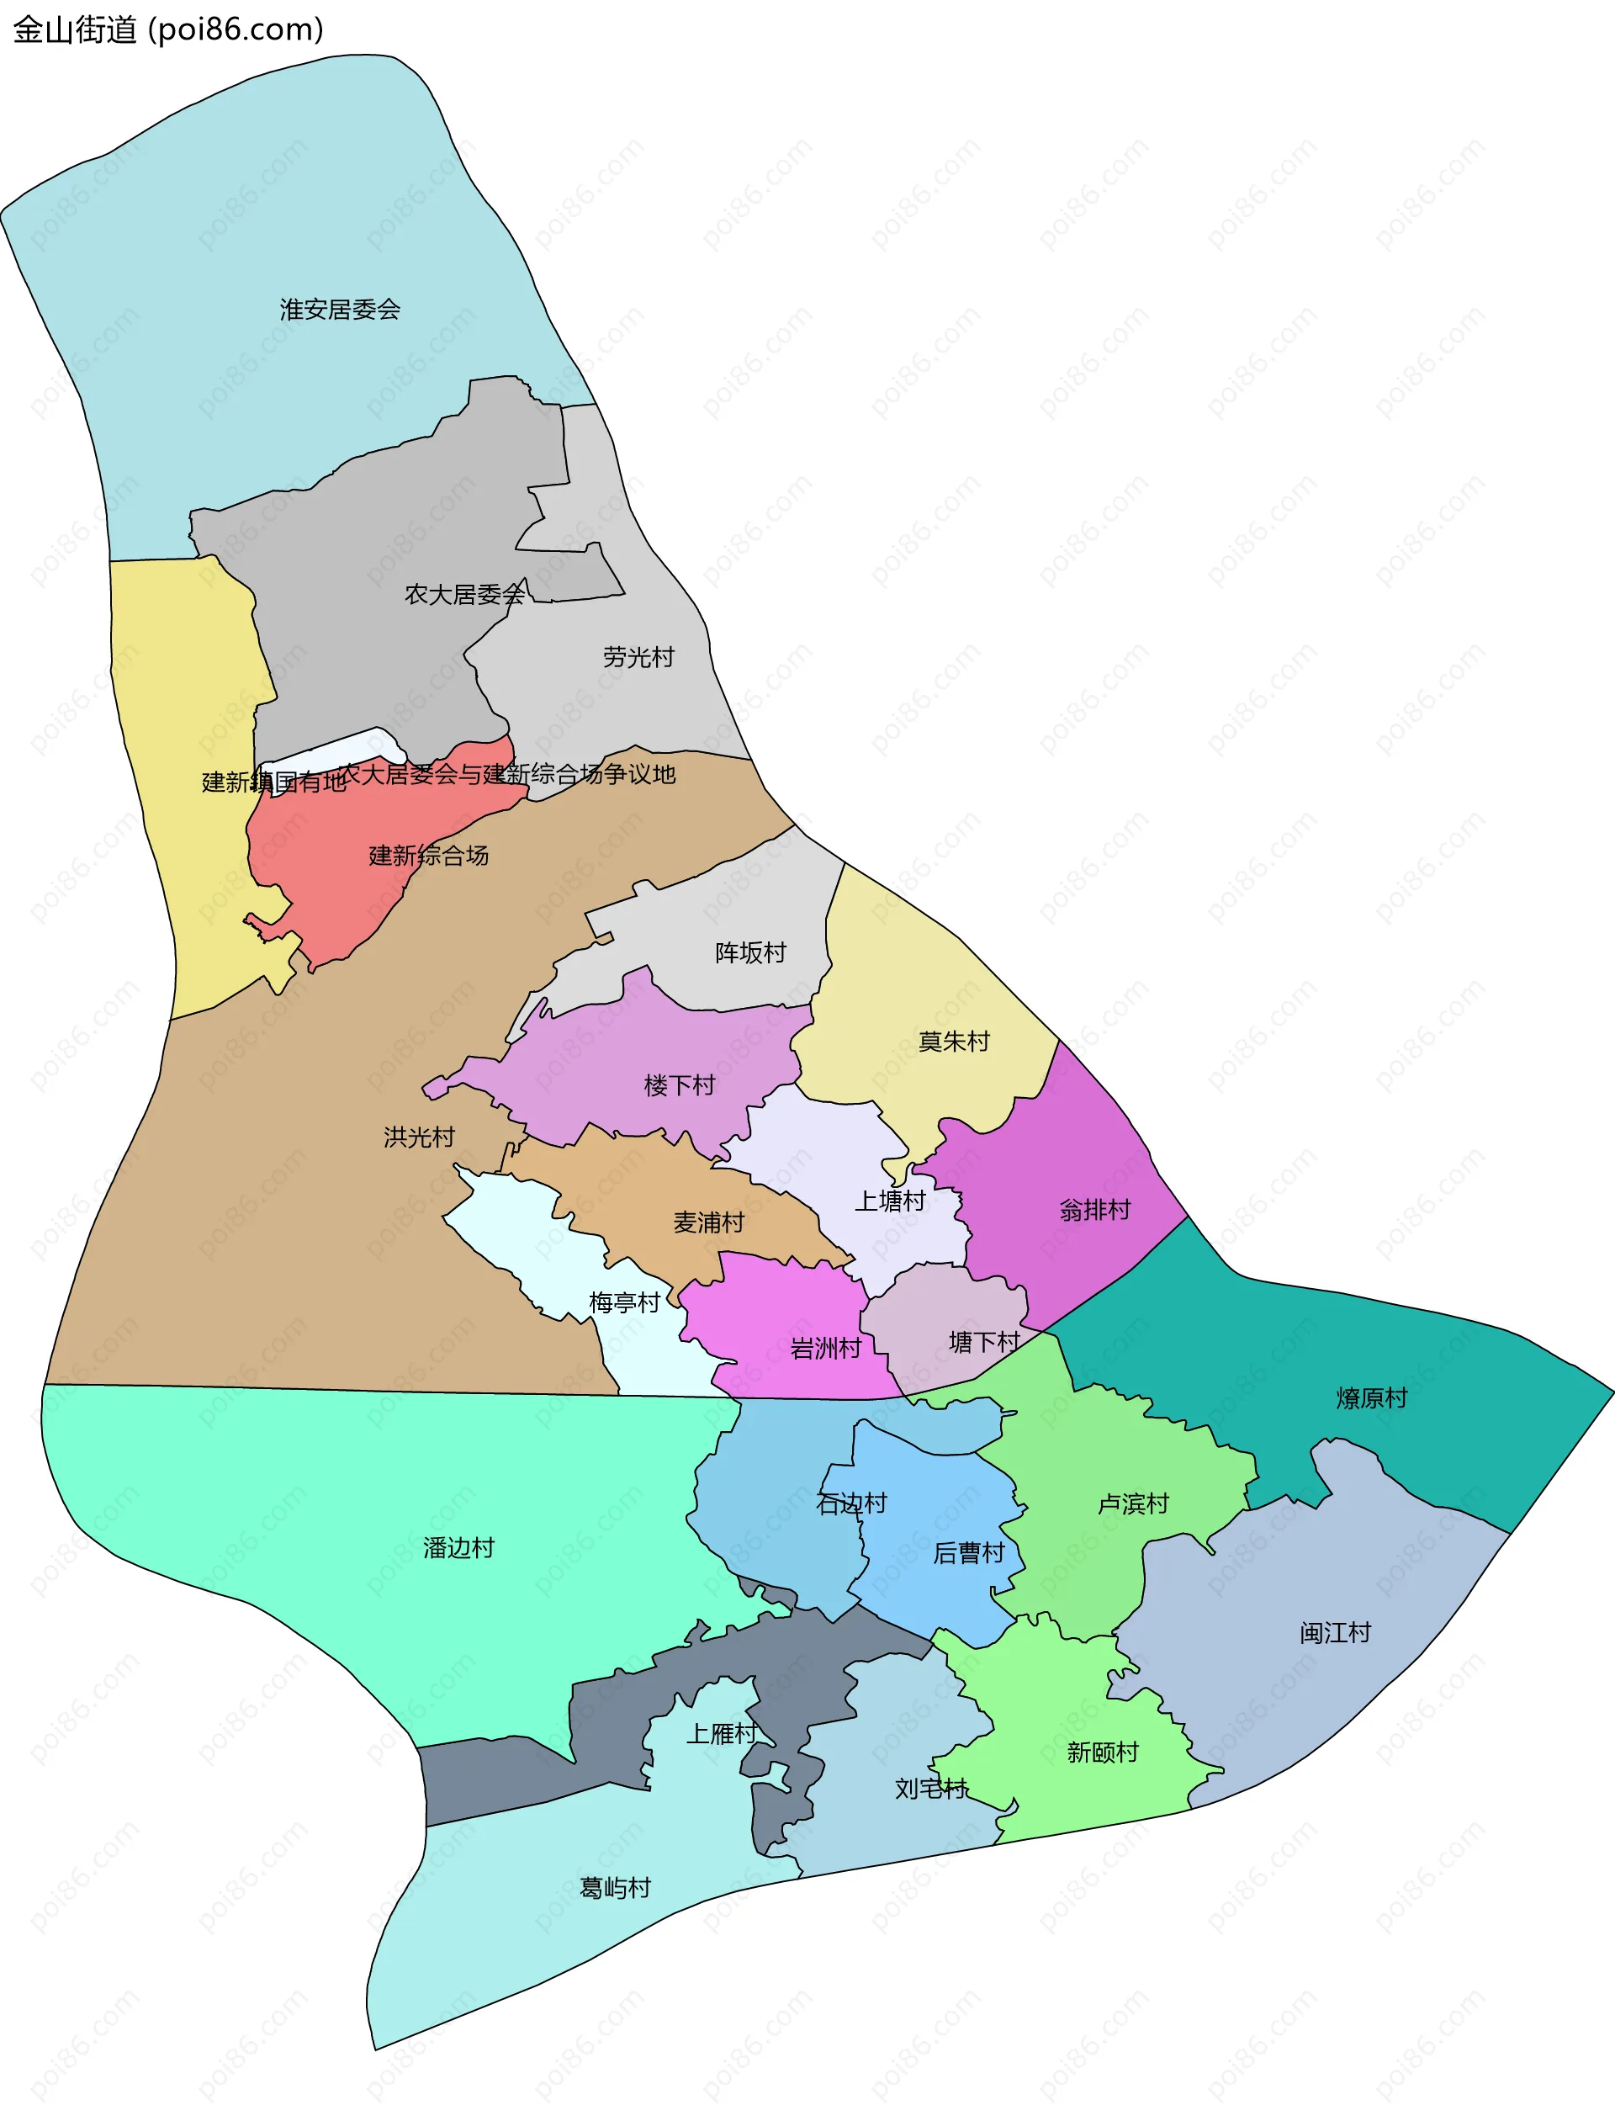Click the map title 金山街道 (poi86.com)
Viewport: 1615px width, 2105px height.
(168, 29)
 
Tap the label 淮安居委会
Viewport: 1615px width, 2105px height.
(339, 310)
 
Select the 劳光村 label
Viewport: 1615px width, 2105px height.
(638, 658)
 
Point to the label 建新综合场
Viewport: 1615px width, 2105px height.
(429, 856)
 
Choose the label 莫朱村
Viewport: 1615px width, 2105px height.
(954, 1042)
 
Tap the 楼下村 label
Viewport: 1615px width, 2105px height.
(680, 1085)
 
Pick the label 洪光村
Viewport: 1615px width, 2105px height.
(419, 1137)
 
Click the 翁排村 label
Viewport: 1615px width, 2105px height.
(1095, 1210)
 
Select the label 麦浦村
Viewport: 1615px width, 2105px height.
(708, 1222)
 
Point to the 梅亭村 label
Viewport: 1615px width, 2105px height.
(624, 1302)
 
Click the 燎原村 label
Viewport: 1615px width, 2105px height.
(1371, 1398)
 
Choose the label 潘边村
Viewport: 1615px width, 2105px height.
(458, 1547)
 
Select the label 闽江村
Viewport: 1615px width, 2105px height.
(1334, 1632)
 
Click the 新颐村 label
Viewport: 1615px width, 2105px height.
(1102, 1752)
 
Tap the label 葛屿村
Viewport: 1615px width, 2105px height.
(615, 1888)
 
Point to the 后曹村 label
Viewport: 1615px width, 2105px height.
(968, 1552)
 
